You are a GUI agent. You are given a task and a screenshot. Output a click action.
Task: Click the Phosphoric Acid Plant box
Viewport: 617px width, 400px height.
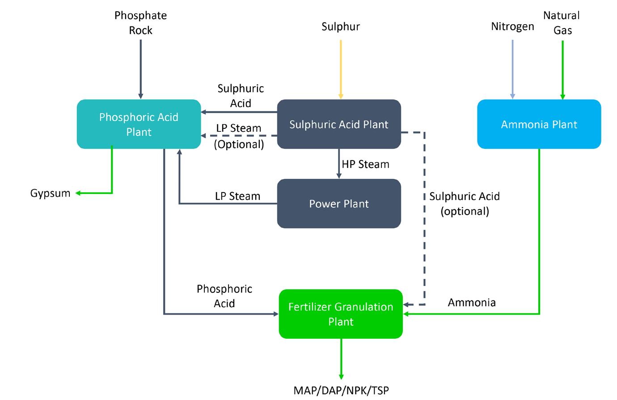tap(139, 124)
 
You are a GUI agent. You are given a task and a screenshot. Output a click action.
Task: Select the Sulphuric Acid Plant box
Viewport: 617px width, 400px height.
tap(339, 124)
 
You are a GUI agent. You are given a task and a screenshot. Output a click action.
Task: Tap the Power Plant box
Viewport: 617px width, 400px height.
tap(339, 204)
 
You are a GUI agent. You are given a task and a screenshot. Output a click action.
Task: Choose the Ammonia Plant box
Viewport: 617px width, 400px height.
tap(539, 124)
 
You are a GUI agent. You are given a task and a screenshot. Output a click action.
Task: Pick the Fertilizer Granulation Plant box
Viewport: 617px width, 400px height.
tap(341, 314)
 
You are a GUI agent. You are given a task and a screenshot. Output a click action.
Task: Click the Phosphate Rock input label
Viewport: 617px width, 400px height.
tap(140, 23)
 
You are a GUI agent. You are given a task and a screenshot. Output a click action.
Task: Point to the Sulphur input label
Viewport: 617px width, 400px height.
tap(341, 27)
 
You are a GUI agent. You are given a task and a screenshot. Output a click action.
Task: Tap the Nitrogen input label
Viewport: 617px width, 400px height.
tap(512, 27)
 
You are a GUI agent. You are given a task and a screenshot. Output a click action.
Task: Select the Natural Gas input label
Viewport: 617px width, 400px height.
tap(562, 23)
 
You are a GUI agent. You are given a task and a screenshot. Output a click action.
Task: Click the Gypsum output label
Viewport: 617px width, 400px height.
tap(50, 193)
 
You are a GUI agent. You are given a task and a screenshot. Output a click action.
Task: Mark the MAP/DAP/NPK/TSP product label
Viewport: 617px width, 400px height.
tap(341, 390)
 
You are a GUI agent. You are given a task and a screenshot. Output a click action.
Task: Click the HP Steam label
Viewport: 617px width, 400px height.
tap(365, 164)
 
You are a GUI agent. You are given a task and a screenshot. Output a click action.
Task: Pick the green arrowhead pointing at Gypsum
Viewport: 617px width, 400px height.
tap(78, 193)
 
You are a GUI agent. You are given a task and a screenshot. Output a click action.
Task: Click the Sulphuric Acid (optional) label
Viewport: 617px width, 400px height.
tap(465, 203)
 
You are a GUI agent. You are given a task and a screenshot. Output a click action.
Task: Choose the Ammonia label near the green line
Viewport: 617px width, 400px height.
tap(472, 303)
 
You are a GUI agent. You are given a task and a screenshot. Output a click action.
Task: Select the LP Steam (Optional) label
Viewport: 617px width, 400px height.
tap(239, 136)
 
